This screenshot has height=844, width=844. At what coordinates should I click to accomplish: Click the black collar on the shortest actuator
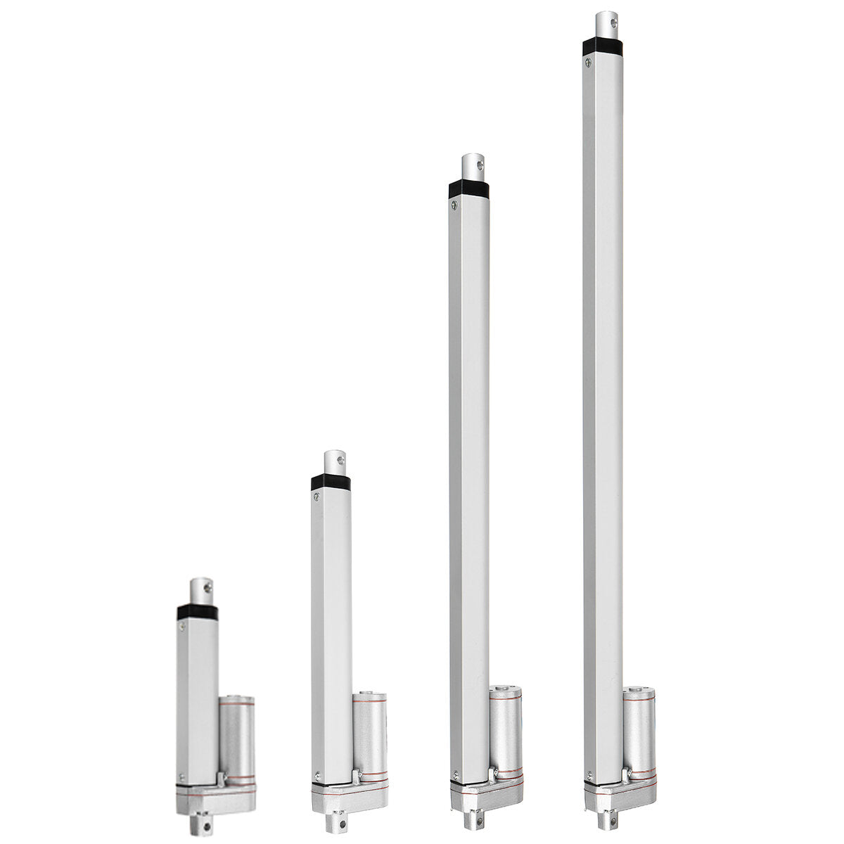pyautogui.click(x=197, y=612)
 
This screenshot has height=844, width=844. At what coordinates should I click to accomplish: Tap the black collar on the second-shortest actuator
pyautogui.click(x=331, y=482)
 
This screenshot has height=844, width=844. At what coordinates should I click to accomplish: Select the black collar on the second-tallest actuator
pyautogui.click(x=468, y=189)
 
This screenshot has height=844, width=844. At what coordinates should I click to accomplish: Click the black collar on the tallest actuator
pyautogui.click(x=603, y=46)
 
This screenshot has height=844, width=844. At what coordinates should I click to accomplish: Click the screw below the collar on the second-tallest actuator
pyautogui.click(x=454, y=205)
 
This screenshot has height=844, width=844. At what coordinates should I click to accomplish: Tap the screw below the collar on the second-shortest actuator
pyautogui.click(x=317, y=498)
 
